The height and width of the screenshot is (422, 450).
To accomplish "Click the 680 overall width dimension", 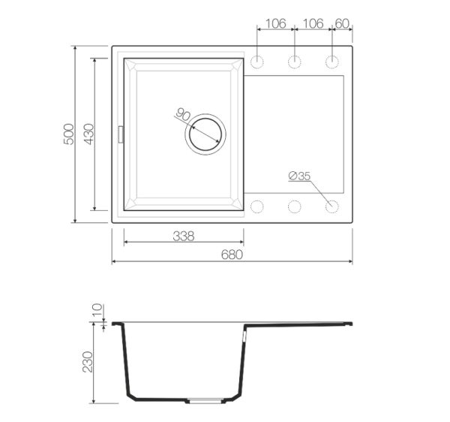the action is point(232,255).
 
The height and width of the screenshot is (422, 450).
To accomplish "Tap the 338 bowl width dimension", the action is point(184,236).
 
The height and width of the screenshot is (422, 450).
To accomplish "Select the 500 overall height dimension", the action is point(69,134).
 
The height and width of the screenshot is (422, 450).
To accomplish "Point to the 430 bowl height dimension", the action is point(89,134).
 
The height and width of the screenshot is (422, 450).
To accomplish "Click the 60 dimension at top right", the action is point(342,23).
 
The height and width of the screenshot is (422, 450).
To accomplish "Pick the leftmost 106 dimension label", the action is point(276,23).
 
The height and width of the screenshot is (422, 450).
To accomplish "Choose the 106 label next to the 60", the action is point(313,23).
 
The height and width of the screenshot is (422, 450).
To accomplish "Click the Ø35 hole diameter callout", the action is point(299,176).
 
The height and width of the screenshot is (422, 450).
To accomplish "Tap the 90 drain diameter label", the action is point(183,114).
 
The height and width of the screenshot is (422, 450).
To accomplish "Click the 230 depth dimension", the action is point(88,362).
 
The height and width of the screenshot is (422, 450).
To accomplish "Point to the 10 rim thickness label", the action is point(97,309).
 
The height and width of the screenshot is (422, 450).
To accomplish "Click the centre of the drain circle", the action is point(205,134).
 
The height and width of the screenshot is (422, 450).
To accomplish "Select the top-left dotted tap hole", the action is point(256,62).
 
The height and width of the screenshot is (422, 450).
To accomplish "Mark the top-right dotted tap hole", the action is point(332,62).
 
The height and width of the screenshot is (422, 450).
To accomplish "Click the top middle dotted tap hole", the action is point(295,62).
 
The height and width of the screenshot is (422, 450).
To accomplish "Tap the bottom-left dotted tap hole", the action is point(256,206).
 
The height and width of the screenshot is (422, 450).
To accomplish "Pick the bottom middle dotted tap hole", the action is point(295,206).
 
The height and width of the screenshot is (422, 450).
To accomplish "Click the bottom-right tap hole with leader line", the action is point(332,206).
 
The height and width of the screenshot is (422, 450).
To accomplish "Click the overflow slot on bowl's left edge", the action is point(121,134).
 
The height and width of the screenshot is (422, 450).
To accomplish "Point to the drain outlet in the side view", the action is point(205,401).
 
